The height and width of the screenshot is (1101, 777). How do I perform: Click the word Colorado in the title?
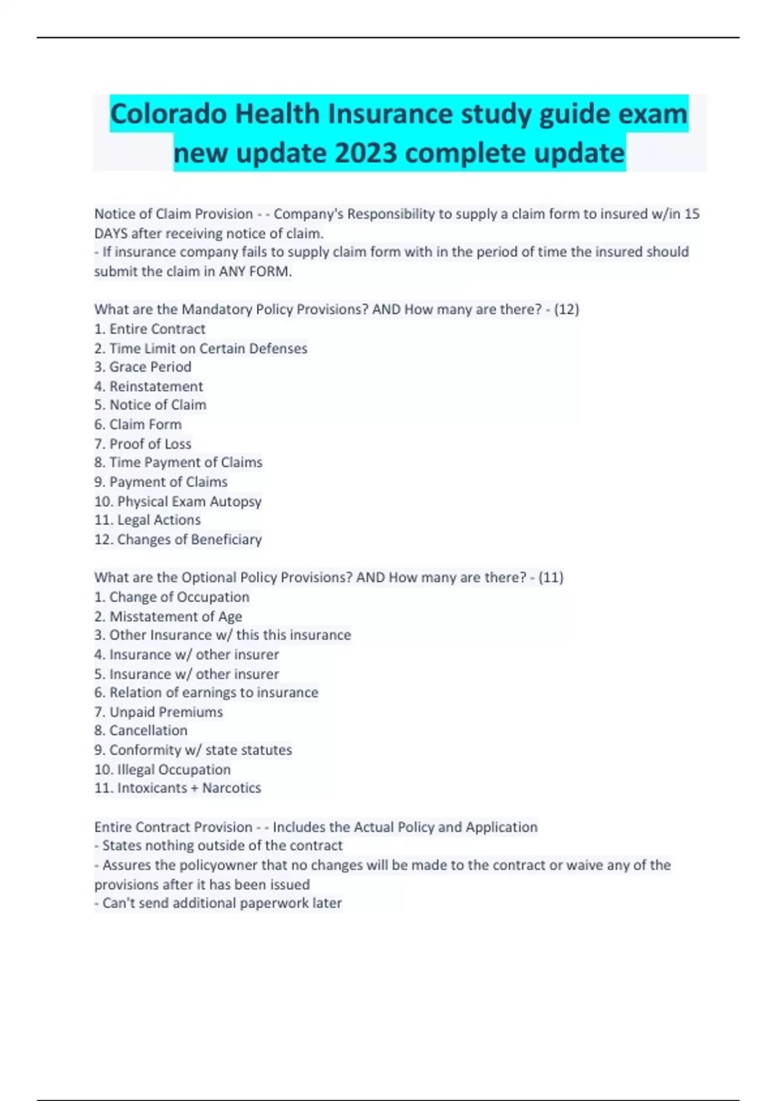168,115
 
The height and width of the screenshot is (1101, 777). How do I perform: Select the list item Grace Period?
142,367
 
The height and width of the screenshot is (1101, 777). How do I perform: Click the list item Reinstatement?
148,386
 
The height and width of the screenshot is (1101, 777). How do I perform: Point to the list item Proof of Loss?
142,444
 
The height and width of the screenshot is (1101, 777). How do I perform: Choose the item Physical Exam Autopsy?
178,501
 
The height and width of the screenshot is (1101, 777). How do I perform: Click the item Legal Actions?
148,519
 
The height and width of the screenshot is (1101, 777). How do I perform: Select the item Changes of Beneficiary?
178,539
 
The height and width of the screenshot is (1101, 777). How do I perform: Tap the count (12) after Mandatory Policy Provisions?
567,310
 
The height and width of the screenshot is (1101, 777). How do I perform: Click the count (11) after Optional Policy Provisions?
551,577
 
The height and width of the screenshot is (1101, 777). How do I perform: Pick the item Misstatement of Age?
168,616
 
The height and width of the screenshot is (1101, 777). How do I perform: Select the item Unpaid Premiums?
159,712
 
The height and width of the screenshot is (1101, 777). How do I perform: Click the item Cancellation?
141,730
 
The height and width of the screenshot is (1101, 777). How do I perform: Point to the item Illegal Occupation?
163,769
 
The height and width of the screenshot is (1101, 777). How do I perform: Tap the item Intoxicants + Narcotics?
178,788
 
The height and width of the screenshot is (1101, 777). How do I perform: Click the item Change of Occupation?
172,596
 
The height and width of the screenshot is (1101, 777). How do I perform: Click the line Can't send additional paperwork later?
218,903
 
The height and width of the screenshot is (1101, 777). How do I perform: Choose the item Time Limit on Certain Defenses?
201,348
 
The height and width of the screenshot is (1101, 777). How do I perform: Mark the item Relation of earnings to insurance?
207,692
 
